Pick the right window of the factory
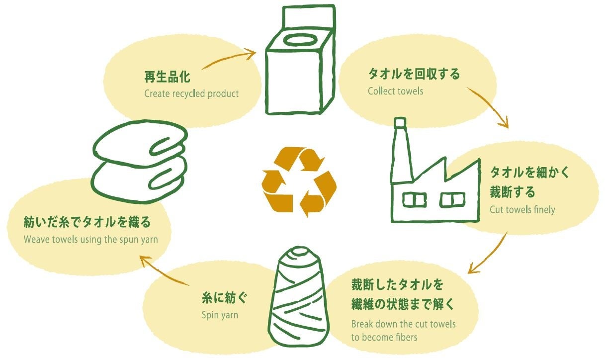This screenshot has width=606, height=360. coord(452,200)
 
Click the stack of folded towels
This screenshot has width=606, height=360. coord(141,163)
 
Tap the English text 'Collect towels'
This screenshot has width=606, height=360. coord(395,91)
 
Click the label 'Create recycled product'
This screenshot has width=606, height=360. coord(191,93)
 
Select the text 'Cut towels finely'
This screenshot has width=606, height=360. coord(522,209)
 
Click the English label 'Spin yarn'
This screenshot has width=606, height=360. coord(220,315)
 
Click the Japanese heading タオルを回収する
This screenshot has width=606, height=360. coord(414,74)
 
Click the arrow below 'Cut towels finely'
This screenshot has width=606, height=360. coord(490,254)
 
